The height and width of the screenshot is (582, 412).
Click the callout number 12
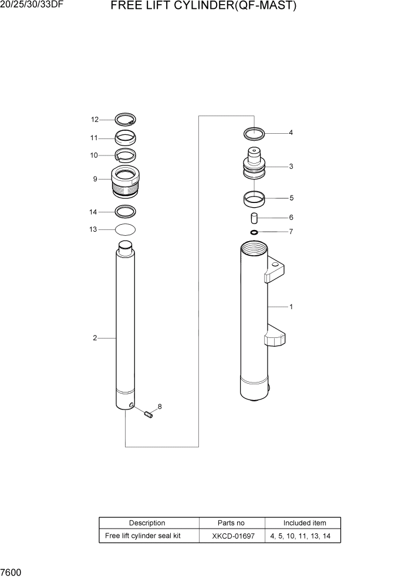(x=94, y=120)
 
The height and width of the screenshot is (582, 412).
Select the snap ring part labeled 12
(x=125, y=120)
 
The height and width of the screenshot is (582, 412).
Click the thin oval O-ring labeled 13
(x=126, y=229)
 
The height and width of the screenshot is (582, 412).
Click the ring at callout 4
(x=254, y=133)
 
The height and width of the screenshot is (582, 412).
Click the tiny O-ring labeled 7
(x=254, y=232)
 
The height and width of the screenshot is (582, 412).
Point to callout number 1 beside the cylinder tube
(x=291, y=307)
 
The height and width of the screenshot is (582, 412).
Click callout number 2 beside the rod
(x=94, y=338)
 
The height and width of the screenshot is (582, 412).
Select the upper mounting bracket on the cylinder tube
(x=277, y=270)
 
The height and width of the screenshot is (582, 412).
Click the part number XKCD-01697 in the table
(x=231, y=536)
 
